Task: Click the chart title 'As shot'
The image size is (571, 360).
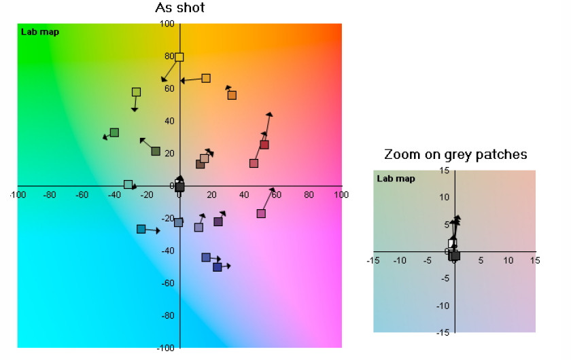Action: (180, 7)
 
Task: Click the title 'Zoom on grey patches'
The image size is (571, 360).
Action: (455, 154)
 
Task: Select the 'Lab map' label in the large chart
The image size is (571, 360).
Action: (40, 32)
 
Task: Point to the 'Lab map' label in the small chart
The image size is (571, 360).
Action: (396, 179)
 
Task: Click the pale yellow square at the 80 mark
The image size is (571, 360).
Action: (179, 57)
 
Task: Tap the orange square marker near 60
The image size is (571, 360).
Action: (232, 95)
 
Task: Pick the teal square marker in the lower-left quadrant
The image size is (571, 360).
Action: (141, 229)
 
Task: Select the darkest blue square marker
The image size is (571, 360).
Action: (217, 267)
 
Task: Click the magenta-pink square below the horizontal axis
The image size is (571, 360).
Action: (261, 214)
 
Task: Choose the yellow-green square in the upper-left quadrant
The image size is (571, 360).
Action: (136, 92)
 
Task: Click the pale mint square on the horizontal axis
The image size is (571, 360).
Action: (128, 185)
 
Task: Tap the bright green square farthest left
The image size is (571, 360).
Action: (114, 132)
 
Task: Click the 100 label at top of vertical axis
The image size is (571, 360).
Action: (167, 24)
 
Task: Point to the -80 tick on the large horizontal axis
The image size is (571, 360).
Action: (50, 195)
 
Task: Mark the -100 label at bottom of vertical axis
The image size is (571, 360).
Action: (166, 348)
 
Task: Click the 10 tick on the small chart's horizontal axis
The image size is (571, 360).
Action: (508, 261)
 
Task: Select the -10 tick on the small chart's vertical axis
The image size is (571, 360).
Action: (443, 306)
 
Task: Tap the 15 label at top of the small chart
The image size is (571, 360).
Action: (445, 170)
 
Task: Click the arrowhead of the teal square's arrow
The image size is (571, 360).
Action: (158, 231)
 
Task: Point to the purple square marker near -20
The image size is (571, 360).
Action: (218, 221)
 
